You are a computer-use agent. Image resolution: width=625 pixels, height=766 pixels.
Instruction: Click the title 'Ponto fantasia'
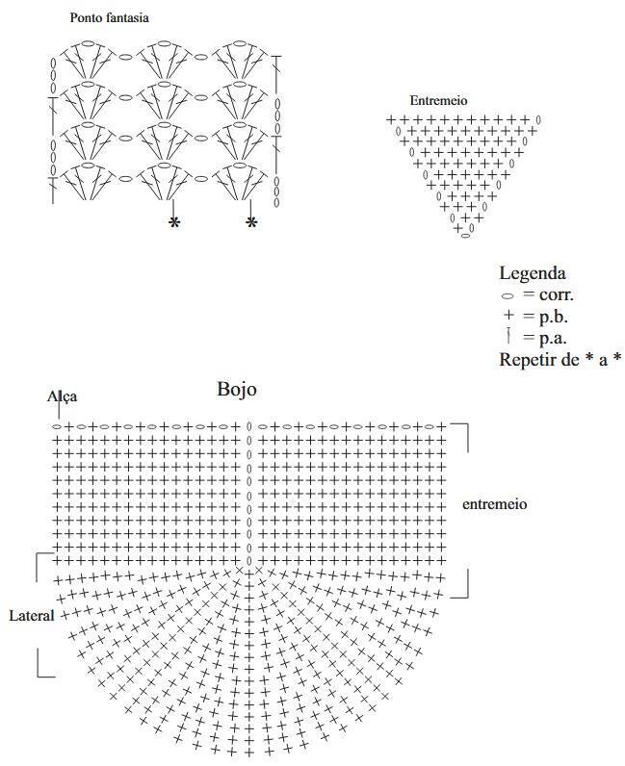[109, 18]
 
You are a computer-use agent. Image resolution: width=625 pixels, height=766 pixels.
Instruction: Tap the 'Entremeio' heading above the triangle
[438, 101]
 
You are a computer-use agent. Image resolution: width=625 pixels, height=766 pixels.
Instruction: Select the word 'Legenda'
[533, 273]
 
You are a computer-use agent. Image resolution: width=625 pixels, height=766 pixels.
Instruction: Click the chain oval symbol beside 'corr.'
[508, 296]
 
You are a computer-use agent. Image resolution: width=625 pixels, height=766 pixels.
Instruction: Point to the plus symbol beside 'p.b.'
[508, 316]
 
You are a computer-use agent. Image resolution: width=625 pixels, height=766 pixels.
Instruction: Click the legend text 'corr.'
[557, 295]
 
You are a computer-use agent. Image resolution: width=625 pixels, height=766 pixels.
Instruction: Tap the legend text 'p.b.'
[554, 318]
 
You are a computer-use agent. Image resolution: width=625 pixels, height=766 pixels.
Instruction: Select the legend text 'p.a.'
[553, 338]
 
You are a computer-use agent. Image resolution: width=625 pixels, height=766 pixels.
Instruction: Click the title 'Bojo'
[237, 390]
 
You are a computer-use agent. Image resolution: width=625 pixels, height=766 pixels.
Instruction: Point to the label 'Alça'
[62, 396]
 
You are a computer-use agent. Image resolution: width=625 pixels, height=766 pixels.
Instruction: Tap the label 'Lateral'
[32, 616]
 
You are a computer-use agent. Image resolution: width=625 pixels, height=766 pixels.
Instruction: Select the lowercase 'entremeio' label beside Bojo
[494, 504]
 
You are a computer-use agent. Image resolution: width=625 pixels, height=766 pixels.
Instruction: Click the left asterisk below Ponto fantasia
[174, 222]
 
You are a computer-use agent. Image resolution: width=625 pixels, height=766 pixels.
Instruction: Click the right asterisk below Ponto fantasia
[251, 222]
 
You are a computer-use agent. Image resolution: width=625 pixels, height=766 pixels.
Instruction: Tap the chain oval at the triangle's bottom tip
[465, 236]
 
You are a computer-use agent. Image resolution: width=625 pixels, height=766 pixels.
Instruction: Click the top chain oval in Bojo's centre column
[248, 427]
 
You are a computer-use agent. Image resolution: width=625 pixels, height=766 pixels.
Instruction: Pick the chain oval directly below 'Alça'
[57, 427]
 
